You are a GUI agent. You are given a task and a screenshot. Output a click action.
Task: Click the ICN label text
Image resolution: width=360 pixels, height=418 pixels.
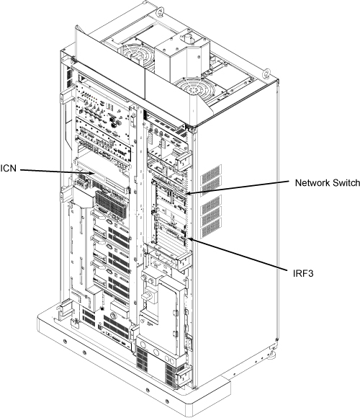tap(8, 169)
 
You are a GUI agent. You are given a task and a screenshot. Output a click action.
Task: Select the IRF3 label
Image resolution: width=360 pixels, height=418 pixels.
tap(303, 274)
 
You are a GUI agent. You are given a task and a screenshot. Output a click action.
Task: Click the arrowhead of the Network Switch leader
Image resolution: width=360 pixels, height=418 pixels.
tap(188, 194)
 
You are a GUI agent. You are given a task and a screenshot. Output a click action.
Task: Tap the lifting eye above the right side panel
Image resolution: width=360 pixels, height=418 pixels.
tap(266, 73)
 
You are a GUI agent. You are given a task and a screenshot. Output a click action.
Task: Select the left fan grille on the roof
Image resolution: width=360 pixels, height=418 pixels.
tap(136, 55)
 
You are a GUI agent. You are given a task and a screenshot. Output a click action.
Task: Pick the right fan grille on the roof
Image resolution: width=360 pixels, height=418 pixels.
tap(197, 89)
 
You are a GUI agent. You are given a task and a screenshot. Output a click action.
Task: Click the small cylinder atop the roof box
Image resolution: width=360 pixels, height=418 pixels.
tap(189, 39)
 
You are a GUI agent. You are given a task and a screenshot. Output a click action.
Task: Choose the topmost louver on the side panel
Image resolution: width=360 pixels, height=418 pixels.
tap(211, 172)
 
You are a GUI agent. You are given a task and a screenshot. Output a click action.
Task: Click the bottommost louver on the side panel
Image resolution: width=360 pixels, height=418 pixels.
tap(211, 229)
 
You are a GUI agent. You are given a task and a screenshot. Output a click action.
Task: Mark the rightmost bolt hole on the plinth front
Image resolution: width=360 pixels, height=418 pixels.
tap(167, 401)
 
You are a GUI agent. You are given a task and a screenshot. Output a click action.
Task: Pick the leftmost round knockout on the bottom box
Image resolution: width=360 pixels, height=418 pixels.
tap(143, 345)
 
